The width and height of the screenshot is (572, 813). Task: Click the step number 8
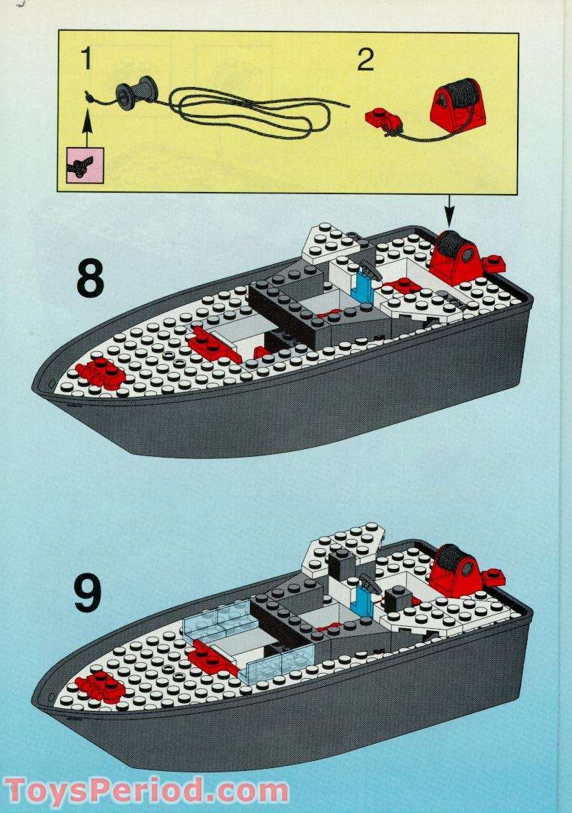[89, 280]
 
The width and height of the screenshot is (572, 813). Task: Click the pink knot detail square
[85, 166]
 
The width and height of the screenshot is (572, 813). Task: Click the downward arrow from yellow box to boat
[450, 211]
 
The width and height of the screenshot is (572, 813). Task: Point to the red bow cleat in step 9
[100, 685]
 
